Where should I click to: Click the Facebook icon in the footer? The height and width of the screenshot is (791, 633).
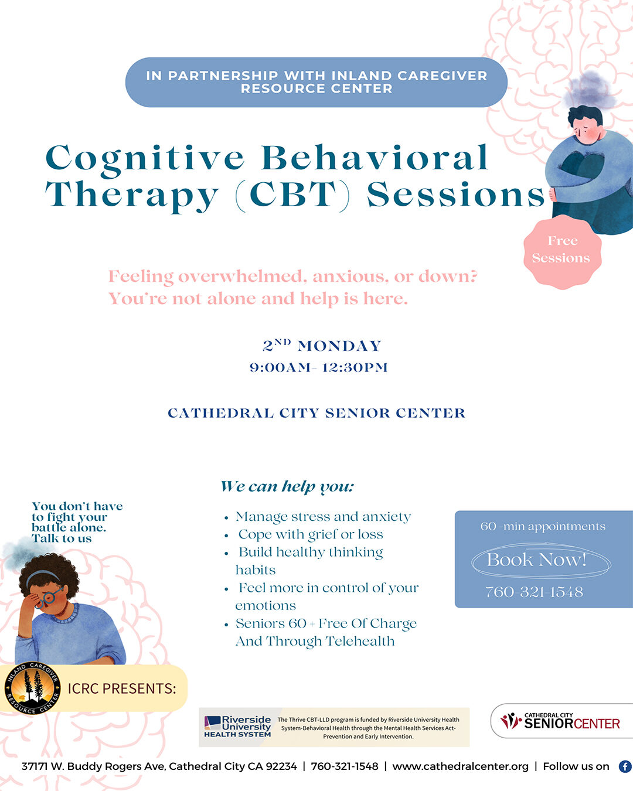pos(625,766)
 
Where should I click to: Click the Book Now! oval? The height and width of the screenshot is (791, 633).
pos(541,560)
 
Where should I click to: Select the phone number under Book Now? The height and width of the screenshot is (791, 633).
pos(535,592)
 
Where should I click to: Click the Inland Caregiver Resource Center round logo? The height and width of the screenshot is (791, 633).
pos(32,688)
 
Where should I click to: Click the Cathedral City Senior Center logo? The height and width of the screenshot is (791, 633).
pos(560,721)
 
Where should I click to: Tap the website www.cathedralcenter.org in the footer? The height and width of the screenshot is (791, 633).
pos(460,766)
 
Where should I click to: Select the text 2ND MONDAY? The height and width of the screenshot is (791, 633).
pos(321,345)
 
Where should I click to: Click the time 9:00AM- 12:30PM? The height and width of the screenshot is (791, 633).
pos(318,367)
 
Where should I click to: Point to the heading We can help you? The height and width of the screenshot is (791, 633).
pos(287,487)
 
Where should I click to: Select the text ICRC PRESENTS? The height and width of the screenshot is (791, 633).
pos(122,688)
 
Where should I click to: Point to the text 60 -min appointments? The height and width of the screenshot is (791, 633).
pos(543,526)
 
